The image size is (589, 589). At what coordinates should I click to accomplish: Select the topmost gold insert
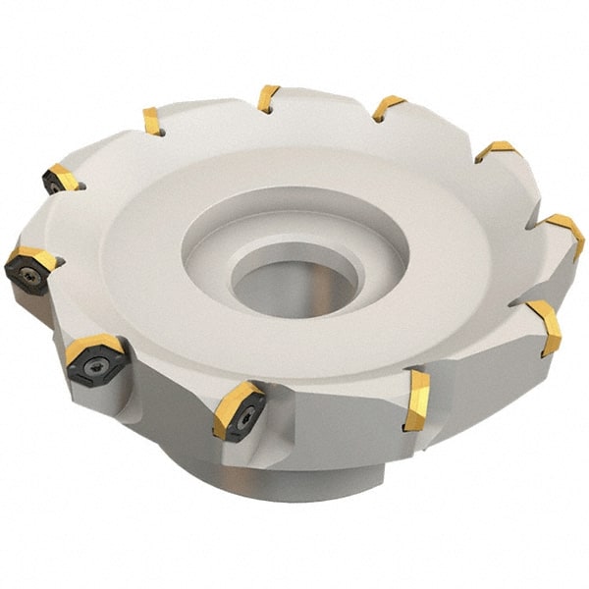click(x=268, y=98)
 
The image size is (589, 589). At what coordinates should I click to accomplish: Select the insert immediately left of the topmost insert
click(x=152, y=121)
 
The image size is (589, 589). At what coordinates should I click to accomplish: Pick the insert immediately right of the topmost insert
click(x=387, y=107)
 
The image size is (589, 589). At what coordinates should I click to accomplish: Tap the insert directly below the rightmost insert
click(x=545, y=327)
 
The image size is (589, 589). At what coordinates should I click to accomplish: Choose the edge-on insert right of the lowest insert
click(x=416, y=400)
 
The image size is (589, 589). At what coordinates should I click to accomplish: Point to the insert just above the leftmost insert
click(x=60, y=179)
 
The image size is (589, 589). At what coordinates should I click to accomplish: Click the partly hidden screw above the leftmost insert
click(x=53, y=185)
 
